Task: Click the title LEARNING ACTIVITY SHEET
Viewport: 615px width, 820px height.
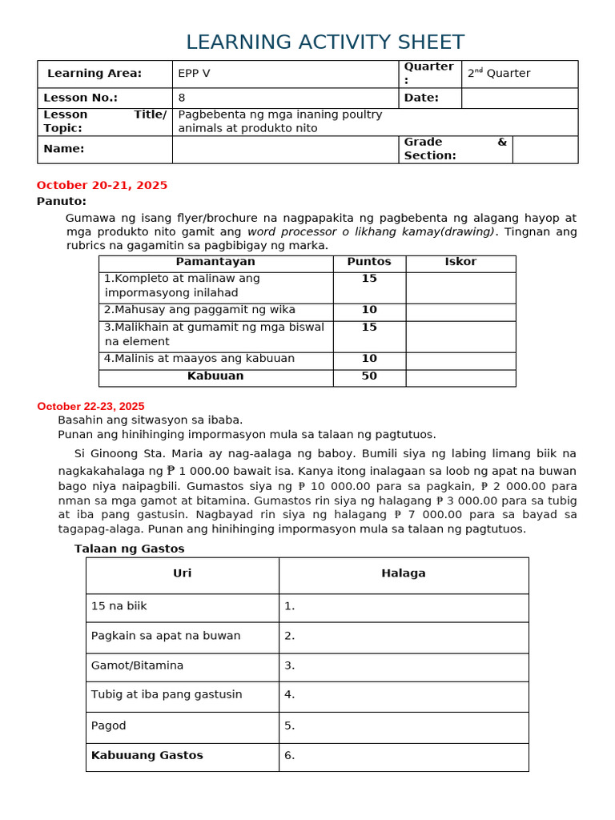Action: point(324,42)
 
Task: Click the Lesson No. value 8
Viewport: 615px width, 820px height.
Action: point(182,98)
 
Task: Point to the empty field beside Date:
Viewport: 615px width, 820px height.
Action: point(519,98)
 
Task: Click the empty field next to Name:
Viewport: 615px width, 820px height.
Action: point(285,149)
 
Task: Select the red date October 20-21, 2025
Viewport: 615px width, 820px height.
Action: point(102,185)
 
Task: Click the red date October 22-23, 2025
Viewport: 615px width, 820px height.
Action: point(90,407)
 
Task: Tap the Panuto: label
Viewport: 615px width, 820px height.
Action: point(62,201)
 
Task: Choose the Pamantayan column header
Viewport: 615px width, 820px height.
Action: point(215,262)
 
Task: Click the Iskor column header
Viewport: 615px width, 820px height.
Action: point(460,262)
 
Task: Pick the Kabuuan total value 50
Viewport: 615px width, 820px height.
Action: point(369,376)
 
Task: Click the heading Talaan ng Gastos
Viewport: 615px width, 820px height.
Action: point(130,549)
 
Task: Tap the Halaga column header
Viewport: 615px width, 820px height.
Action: point(404,573)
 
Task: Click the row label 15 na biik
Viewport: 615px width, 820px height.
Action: point(119,606)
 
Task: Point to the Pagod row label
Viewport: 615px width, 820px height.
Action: point(109,726)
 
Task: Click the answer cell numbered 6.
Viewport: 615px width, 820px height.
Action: point(404,755)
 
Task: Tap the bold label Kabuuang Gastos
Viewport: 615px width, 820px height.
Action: point(147,755)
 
